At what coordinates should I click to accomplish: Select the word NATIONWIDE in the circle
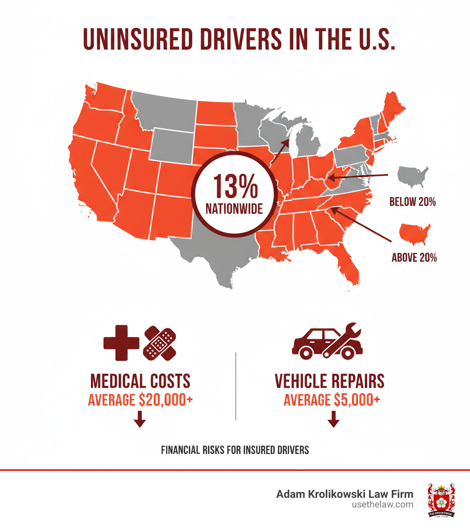pos(235,209)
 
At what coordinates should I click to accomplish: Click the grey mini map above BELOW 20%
pos(413,176)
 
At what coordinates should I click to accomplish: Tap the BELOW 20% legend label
pos(412,202)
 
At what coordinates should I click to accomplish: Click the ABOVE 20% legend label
pos(414,258)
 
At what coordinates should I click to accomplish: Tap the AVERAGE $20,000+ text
pos(140,400)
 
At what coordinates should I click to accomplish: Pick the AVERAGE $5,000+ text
pos(331,400)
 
